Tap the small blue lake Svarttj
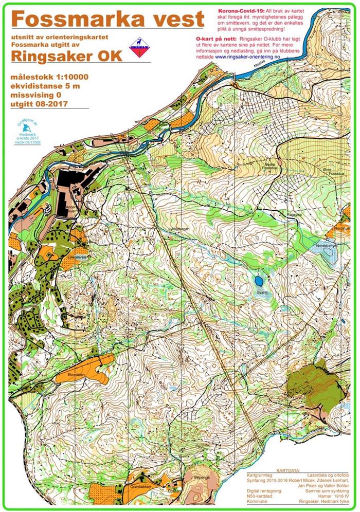[x=257, y=281]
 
